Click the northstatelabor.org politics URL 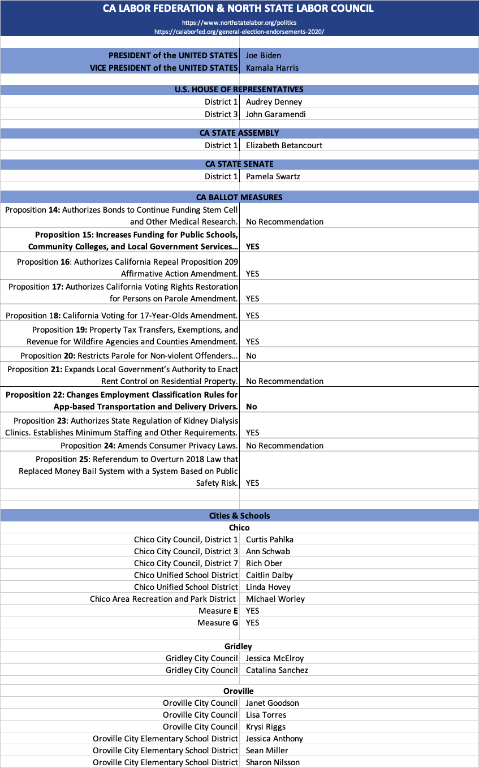tap(239, 23)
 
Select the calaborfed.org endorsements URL tap(239, 32)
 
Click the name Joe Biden tap(264, 55)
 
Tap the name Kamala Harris tap(272, 68)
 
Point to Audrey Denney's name tap(274, 102)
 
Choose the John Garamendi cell tap(275, 114)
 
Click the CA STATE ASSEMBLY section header tap(239, 133)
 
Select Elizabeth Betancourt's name tap(284, 145)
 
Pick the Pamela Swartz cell tap(273, 176)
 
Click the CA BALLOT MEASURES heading tap(239, 197)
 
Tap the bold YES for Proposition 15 tap(253, 247)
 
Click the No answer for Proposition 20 tap(251, 356)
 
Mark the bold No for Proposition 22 tap(251, 406)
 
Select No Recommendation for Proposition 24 tap(284, 446)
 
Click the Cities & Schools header tap(239, 516)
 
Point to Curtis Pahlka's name tap(270, 540)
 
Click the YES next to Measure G tap(253, 622)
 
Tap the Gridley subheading tap(238, 646)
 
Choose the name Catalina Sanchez tap(277, 670)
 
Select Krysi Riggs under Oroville tap(266, 727)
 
